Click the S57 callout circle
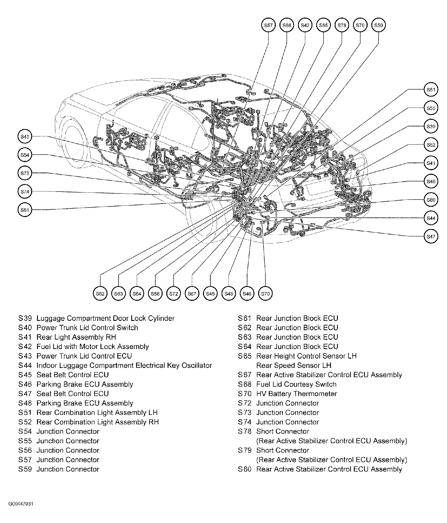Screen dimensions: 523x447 268,25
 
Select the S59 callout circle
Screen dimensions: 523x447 378,25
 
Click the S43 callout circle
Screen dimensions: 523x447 25,137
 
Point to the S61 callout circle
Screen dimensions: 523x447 25,210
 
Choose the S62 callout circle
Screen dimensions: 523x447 100,293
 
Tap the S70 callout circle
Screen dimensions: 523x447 265,293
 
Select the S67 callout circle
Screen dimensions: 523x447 192,293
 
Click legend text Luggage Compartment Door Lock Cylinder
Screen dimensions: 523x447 105,318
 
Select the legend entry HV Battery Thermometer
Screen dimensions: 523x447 296,394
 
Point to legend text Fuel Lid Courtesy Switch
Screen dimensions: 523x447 296,384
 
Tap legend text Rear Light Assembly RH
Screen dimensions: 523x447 76,337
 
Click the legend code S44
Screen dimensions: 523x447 25,366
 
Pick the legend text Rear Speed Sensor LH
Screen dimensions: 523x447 294,366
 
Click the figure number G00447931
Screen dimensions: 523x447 21,504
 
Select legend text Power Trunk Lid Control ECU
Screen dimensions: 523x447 84,356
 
